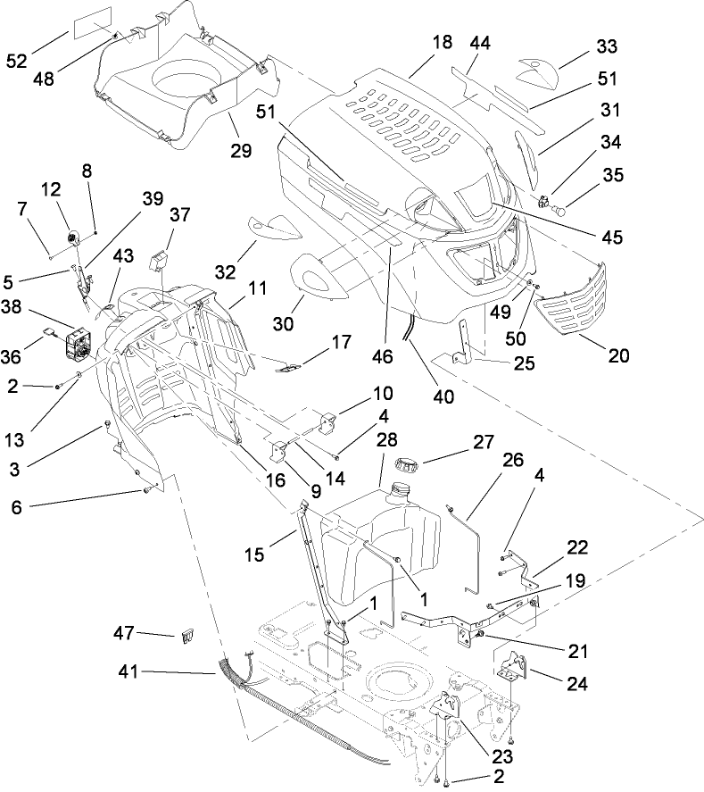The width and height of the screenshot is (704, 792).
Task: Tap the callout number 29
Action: click(x=241, y=151)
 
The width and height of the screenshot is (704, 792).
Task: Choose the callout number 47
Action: click(x=122, y=633)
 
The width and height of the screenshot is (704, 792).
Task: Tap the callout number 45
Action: click(x=611, y=238)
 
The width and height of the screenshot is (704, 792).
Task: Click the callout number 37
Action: click(x=181, y=214)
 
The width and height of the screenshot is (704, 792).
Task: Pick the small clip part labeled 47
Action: click(x=187, y=638)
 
